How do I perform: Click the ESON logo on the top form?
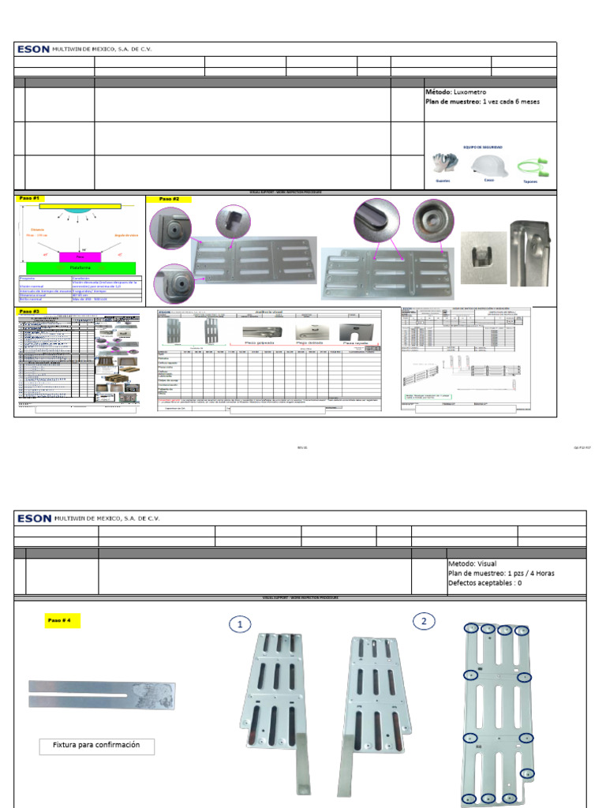[x=33, y=49]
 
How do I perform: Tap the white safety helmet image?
[x=489, y=164]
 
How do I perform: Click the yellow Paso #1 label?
[x=30, y=199]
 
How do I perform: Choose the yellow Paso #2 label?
[x=170, y=200]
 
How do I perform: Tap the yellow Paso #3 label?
[x=30, y=312]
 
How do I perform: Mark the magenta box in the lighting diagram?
[x=78, y=256]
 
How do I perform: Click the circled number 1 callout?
[x=240, y=624]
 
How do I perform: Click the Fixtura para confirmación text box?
[x=96, y=745]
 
